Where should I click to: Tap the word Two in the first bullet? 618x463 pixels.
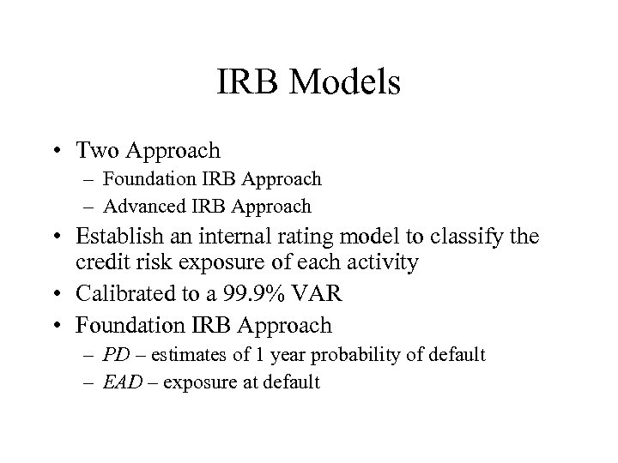tap(98, 151)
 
